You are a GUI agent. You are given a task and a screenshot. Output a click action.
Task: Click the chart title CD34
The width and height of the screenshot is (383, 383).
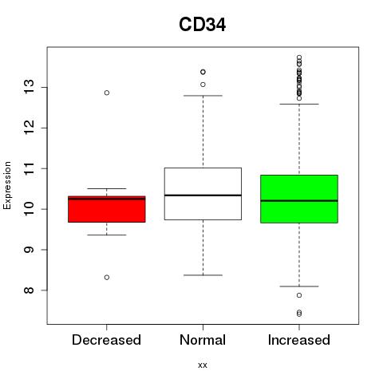tap(203, 25)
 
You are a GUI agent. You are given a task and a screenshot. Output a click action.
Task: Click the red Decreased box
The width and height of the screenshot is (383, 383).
tap(107, 209)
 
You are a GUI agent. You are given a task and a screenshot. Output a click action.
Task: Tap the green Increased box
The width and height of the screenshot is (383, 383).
tap(299, 199)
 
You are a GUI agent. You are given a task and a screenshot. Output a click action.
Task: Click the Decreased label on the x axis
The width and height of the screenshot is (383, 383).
tap(106, 340)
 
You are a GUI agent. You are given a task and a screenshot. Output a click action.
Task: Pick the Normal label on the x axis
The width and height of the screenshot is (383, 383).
tap(203, 340)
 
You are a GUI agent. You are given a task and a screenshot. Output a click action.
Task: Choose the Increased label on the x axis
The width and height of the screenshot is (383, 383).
tap(299, 340)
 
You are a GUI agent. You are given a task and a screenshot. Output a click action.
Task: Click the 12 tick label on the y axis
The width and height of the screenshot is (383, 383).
tap(30, 128)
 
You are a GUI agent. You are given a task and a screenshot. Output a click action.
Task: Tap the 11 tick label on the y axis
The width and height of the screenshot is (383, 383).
tap(30, 168)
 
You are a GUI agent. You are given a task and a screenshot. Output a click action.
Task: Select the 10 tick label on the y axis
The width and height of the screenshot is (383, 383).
tap(30, 209)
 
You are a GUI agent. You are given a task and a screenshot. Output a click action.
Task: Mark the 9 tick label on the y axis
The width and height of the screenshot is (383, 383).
tap(30, 250)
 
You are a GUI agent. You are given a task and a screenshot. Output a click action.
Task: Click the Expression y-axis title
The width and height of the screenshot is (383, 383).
tap(7, 185)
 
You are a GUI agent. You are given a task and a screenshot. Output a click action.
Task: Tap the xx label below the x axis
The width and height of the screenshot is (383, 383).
tap(203, 365)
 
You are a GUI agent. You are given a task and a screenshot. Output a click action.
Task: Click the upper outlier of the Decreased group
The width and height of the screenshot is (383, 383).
tap(107, 93)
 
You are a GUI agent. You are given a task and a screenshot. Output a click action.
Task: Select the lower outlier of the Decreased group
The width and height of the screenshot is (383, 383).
tap(107, 278)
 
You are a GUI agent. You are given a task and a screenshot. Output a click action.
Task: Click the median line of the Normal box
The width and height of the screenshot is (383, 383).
tap(203, 195)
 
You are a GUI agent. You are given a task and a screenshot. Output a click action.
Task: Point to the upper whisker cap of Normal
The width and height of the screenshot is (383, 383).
tap(203, 96)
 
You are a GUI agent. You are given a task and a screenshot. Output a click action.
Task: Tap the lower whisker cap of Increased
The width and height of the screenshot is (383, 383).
tap(299, 286)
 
